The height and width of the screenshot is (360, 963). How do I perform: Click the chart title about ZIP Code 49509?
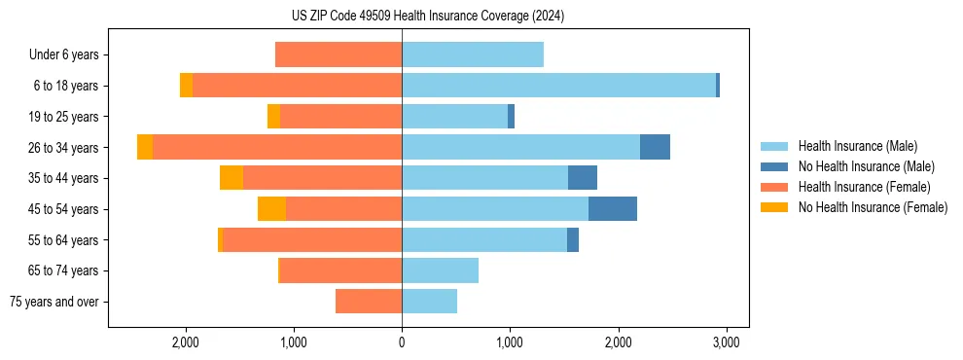[427, 17]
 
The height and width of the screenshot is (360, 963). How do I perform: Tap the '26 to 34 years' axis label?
[63, 148]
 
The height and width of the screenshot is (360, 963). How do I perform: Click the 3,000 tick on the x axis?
[725, 342]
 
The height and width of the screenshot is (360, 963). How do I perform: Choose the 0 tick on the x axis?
[402, 342]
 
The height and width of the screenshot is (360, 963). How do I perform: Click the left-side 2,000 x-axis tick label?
[185, 342]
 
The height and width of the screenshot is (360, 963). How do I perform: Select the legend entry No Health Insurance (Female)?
[872, 207]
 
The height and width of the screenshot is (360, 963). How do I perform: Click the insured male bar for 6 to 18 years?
[558, 86]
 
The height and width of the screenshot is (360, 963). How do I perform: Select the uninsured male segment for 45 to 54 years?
[613, 209]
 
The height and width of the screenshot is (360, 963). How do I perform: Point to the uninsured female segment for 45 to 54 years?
[271, 209]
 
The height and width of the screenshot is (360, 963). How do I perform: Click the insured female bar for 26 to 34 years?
[277, 147]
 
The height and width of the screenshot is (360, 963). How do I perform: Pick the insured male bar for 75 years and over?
[429, 302]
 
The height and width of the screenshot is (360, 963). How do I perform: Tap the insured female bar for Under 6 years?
[339, 54]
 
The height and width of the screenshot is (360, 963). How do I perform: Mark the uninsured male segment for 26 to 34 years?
[655, 147]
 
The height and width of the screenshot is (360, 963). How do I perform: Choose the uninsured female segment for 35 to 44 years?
[232, 178]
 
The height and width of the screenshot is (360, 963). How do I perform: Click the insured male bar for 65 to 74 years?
[440, 270]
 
